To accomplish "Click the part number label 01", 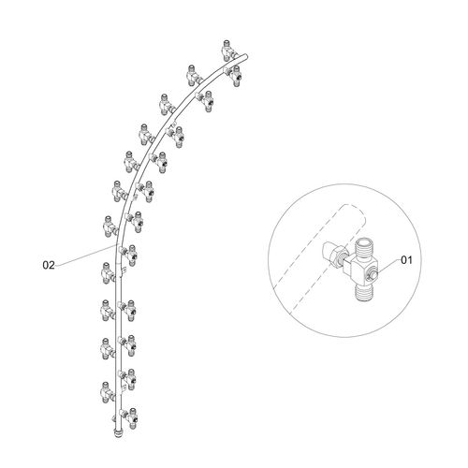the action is click(406, 260).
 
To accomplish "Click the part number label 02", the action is click(49, 265).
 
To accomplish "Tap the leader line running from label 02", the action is click(85, 256).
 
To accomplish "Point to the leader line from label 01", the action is click(388, 266).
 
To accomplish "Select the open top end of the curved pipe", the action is click(245, 56).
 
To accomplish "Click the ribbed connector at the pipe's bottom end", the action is click(118, 433).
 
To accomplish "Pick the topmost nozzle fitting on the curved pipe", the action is click(228, 51).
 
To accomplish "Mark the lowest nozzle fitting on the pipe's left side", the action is click(108, 392).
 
